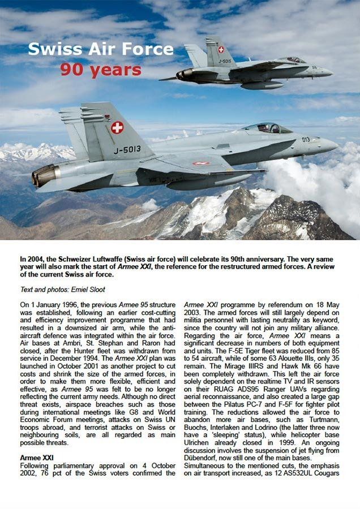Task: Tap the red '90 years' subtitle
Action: coord(101,70)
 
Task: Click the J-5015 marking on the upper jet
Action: coord(225,61)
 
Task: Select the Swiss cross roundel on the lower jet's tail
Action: coord(117,127)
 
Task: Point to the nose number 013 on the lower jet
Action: coord(305,140)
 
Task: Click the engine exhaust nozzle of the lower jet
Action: coord(44,176)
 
